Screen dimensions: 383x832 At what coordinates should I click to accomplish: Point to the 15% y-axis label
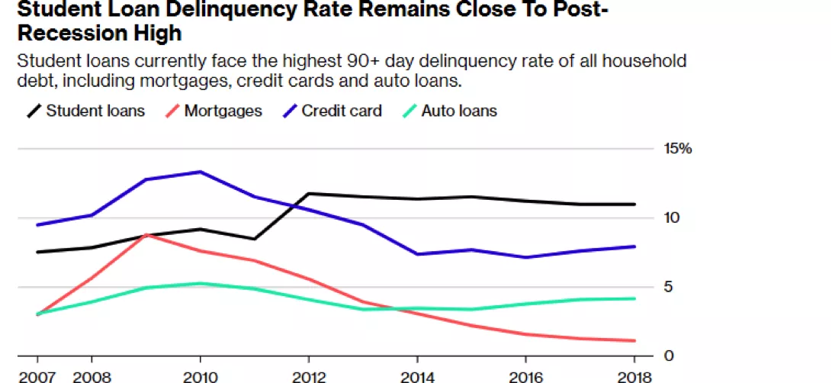(677, 149)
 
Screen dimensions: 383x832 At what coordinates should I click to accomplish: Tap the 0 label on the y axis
(667, 356)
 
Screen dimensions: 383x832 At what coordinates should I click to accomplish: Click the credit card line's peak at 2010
(200, 172)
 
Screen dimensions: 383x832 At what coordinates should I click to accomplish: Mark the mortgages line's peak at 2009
(146, 235)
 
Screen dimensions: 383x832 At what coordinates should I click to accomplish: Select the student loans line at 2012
(308, 194)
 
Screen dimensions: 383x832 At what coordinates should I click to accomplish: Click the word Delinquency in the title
(234, 10)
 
